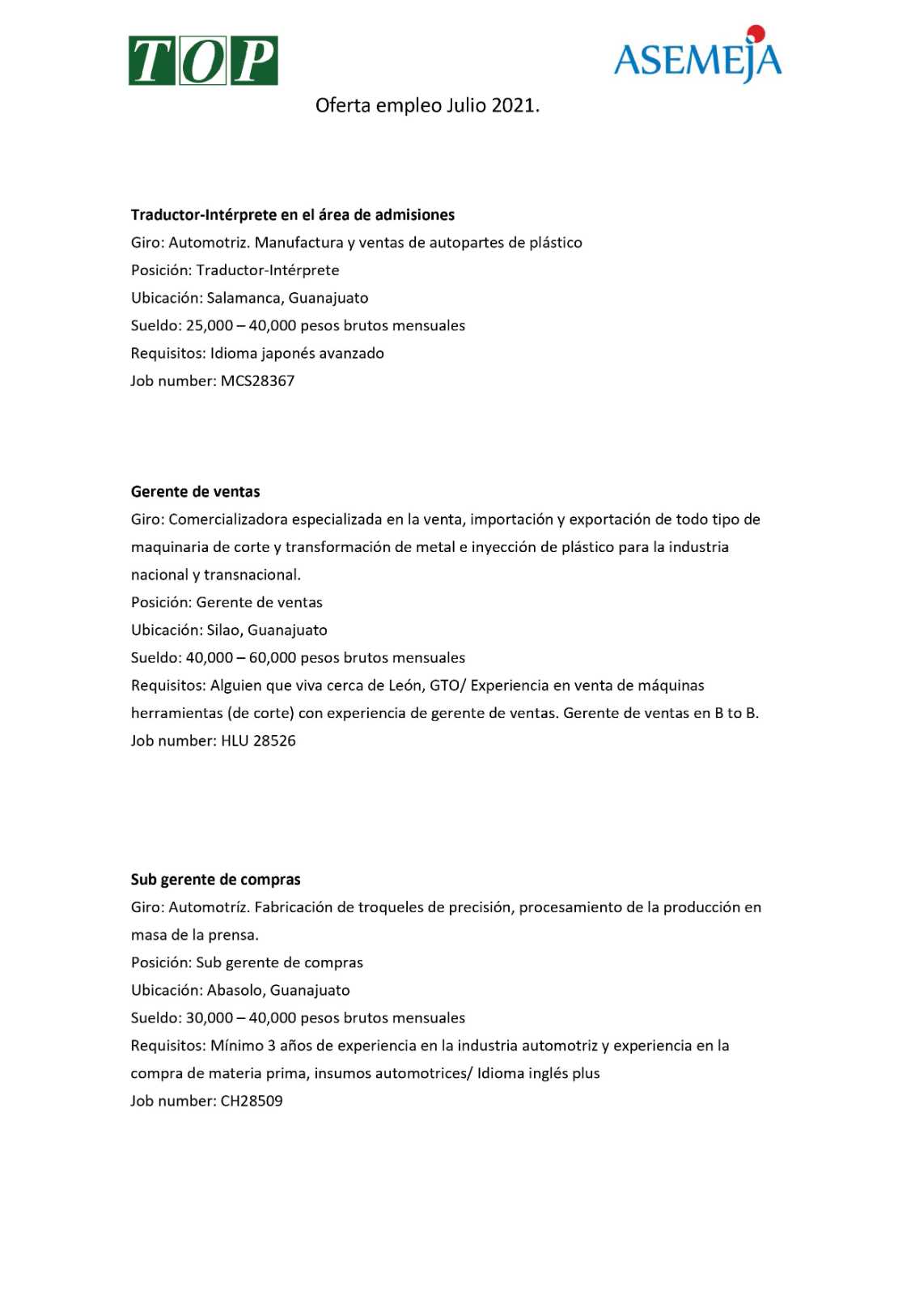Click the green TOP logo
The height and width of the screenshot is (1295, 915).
[x=203, y=61]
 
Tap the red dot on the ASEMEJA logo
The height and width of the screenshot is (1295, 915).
[x=756, y=33]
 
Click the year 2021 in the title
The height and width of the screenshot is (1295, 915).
[x=513, y=105]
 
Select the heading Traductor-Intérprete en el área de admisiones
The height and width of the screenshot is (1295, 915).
[x=293, y=215]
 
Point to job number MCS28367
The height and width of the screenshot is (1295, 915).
[x=257, y=381]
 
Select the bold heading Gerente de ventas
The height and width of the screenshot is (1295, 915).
[x=196, y=492]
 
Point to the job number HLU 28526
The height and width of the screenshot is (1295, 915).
[x=258, y=741]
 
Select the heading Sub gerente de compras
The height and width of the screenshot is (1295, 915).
[x=216, y=880]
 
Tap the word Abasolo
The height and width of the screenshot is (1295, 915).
[x=235, y=991]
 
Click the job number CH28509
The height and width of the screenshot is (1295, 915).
[x=252, y=1102]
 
